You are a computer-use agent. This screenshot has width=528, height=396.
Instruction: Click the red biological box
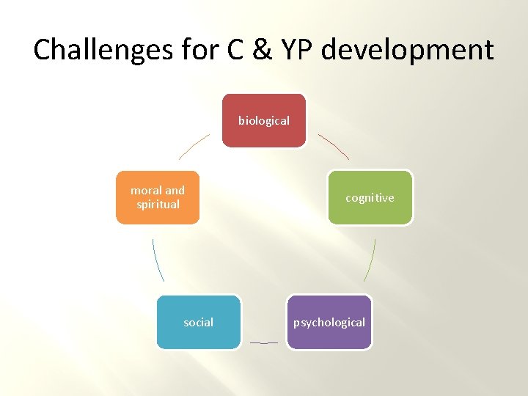pyautogui.click(x=264, y=120)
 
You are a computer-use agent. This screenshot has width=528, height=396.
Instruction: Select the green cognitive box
pyautogui.click(x=370, y=197)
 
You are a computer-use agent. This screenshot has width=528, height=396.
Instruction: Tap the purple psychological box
pyautogui.click(x=329, y=322)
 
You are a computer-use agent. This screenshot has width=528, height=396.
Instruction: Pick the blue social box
pyautogui.click(x=198, y=322)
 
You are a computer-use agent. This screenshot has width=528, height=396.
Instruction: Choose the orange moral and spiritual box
pyautogui.click(x=158, y=197)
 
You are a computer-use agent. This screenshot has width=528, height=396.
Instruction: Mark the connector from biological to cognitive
pyautogui.click(x=334, y=146)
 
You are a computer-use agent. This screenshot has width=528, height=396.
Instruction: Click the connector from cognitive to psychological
pyautogui.click(x=370, y=260)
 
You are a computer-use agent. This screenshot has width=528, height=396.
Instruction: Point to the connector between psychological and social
pyautogui.click(x=264, y=342)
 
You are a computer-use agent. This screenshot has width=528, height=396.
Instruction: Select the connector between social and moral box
pyautogui.click(x=158, y=260)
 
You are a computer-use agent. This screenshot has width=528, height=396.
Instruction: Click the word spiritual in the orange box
pyautogui.click(x=158, y=205)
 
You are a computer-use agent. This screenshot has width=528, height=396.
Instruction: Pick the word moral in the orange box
pyautogui.click(x=145, y=191)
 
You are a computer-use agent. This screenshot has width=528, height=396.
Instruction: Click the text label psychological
pyautogui.click(x=329, y=323)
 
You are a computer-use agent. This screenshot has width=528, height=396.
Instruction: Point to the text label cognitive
pyautogui.click(x=370, y=198)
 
